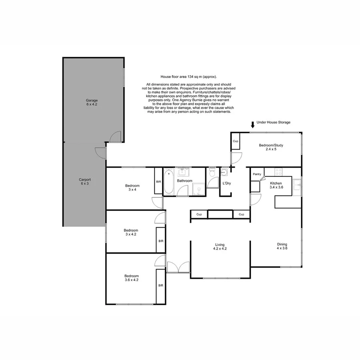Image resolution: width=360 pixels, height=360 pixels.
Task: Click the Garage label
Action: pyautogui.click(x=92, y=100)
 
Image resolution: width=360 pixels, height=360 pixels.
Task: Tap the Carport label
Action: pyautogui.click(x=85, y=180)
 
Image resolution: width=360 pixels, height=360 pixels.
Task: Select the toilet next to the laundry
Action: pyautogui.click(x=212, y=173)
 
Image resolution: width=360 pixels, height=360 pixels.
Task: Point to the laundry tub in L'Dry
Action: pyautogui.click(x=224, y=172)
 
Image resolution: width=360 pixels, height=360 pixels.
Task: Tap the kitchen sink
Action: pyautogui.click(x=296, y=185)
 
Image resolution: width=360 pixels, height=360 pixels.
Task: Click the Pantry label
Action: pyautogui.click(x=257, y=174)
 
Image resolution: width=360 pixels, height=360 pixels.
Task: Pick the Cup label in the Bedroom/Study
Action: pyautogui.click(x=236, y=142)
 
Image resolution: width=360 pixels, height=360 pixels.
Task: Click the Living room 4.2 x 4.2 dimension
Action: pyautogui.click(x=220, y=249)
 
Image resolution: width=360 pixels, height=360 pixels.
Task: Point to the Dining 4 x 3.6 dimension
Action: pyautogui.click(x=282, y=248)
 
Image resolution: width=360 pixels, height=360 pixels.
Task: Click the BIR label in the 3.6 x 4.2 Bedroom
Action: pyautogui.click(x=161, y=285)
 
